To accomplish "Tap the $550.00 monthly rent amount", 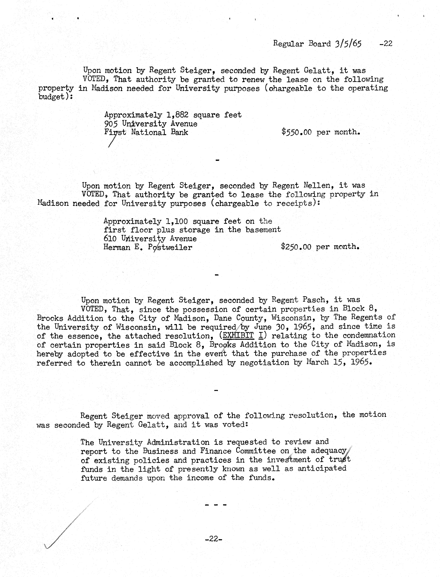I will [x=296, y=132].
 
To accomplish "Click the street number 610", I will [x=110, y=239].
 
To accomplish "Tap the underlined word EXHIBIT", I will [x=238, y=335].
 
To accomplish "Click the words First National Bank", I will [x=146, y=132].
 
